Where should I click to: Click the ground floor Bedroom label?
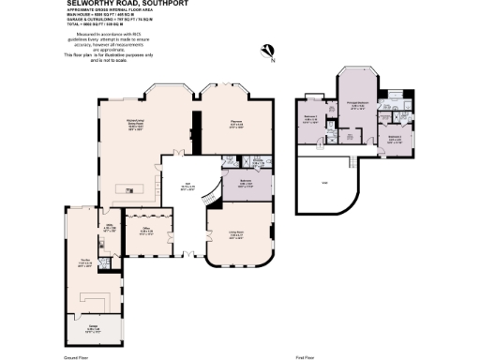click(246, 186)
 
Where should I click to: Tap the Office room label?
click(148, 230)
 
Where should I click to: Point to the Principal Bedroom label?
click(357, 105)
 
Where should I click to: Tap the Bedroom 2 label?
click(311, 120)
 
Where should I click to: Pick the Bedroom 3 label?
click(395, 139)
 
